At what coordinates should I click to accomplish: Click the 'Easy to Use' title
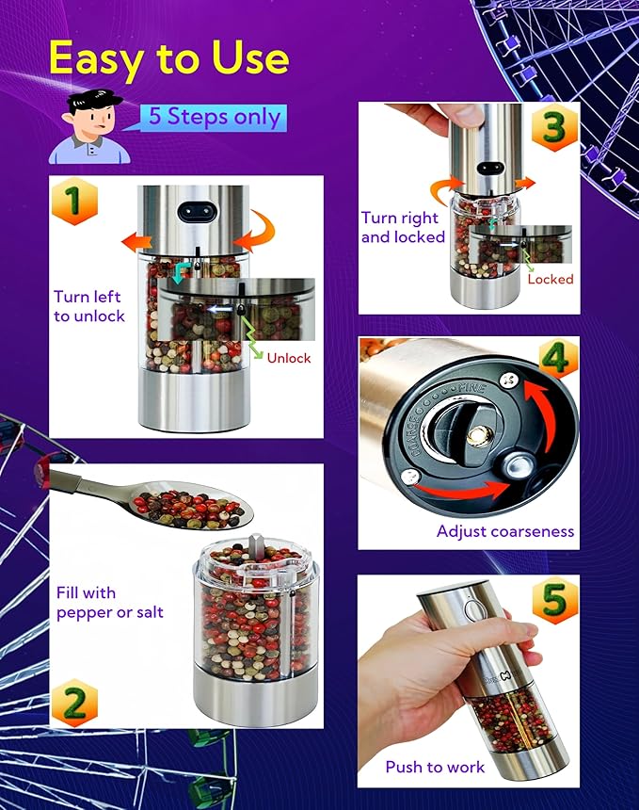click(168, 58)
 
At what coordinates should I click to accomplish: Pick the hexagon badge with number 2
click(74, 703)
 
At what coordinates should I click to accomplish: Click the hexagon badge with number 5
click(554, 600)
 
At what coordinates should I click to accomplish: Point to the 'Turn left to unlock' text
click(89, 306)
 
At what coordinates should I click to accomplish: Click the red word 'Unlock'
click(288, 358)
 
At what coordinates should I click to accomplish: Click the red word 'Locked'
click(550, 279)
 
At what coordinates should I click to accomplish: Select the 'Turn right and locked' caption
click(403, 227)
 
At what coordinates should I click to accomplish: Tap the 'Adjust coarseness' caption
click(504, 531)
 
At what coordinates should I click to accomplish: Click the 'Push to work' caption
click(435, 767)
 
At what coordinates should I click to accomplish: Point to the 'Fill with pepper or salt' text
click(109, 602)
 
